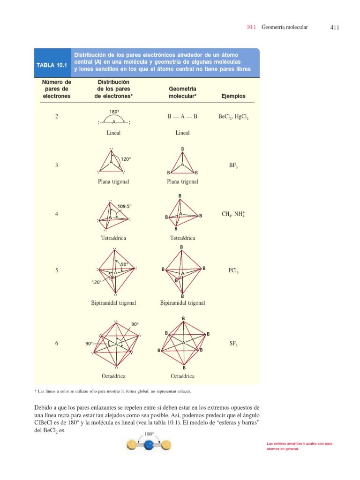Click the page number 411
click(x=334, y=28)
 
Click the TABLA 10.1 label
click(x=52, y=65)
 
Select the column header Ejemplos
click(x=233, y=96)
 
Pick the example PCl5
click(x=233, y=271)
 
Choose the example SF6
click(x=233, y=344)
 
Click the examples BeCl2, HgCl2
click(x=233, y=117)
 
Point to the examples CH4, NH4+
click(x=233, y=214)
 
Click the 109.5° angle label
click(x=125, y=206)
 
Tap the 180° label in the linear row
click(x=114, y=112)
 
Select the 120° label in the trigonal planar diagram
click(x=126, y=159)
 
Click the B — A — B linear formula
click(x=182, y=117)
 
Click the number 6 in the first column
click(x=57, y=344)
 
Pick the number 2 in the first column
click(x=57, y=117)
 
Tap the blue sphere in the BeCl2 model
click(x=149, y=444)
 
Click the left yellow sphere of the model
click(x=132, y=444)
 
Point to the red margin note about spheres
click(x=299, y=446)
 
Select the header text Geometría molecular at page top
click(x=285, y=28)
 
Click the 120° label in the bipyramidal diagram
click(x=97, y=282)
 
